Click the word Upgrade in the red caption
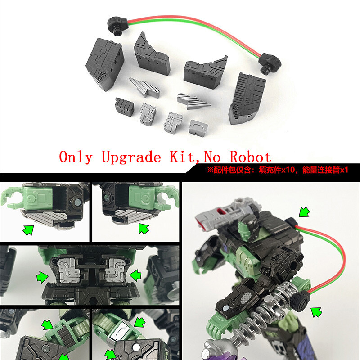(x=131, y=157)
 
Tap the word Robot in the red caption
(x=250, y=157)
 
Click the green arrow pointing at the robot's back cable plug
(x=304, y=211)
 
